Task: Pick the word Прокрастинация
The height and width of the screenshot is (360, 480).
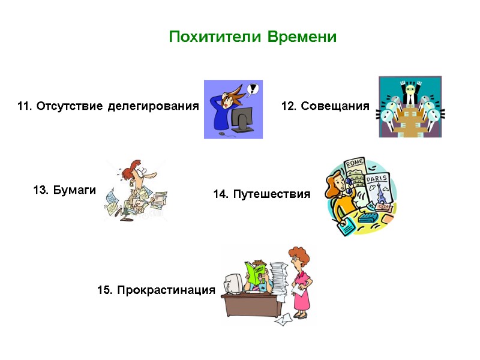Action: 165,290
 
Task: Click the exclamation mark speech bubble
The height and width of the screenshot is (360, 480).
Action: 253,89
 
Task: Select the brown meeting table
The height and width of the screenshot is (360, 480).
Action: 410,122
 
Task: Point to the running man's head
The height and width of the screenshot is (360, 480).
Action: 136,173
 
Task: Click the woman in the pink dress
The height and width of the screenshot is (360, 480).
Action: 301,282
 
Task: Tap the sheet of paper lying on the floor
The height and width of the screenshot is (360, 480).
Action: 283,320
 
